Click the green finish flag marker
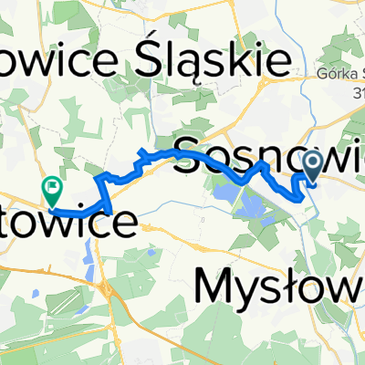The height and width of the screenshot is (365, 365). pyautogui.click(x=52, y=190)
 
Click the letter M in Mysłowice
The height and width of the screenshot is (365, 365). pyautogui.click(x=214, y=289)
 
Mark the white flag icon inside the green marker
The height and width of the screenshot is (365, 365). pyautogui.click(x=52, y=187)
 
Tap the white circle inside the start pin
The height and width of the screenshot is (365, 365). pyautogui.click(x=312, y=163)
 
